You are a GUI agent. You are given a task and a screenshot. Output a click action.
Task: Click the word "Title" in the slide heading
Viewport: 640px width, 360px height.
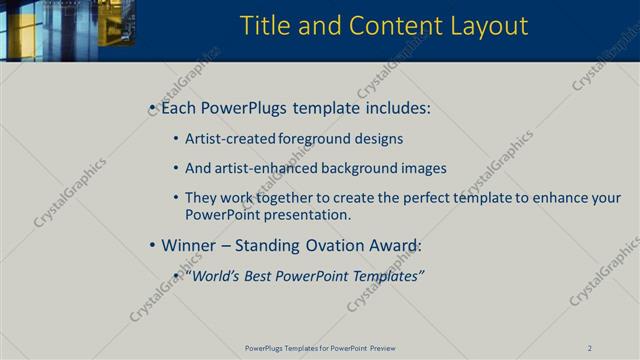(x=266, y=25)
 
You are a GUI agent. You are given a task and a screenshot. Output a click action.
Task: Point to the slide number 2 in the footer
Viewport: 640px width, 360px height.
(x=590, y=348)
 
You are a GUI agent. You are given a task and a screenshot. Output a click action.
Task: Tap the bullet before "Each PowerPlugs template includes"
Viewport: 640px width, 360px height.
(x=151, y=107)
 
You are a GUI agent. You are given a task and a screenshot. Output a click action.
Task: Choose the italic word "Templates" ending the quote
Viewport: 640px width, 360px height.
(x=385, y=276)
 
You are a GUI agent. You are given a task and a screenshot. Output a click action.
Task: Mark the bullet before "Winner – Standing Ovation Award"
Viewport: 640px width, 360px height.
(x=151, y=245)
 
